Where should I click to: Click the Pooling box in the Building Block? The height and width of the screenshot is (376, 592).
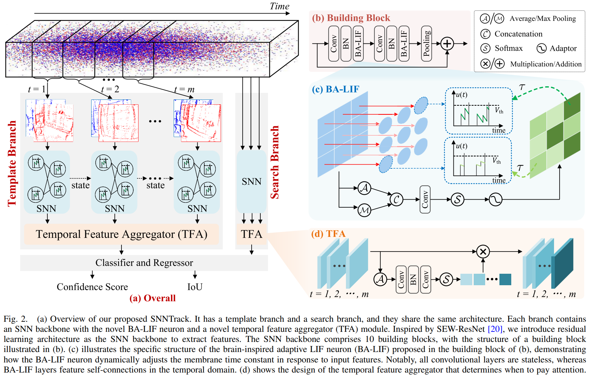click(426, 43)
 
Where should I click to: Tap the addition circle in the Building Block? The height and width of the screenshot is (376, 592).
click(447, 44)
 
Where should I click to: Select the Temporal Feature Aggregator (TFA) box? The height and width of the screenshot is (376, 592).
click(121, 234)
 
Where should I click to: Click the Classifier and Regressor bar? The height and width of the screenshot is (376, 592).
click(144, 263)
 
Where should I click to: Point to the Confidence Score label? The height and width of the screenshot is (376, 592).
click(92, 287)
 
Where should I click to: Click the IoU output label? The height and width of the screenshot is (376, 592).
click(195, 287)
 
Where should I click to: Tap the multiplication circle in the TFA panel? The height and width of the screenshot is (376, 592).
click(483, 251)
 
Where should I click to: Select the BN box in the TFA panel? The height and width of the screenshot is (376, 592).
click(413, 279)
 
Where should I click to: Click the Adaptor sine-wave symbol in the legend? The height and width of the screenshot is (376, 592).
click(541, 48)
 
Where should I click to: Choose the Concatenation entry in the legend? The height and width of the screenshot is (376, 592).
click(518, 34)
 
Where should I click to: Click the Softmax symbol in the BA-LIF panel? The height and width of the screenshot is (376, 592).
click(457, 199)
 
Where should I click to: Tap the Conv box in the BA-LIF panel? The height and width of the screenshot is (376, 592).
click(425, 199)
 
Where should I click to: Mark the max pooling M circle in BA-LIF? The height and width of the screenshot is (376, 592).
click(364, 210)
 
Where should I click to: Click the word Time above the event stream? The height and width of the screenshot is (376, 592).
click(279, 6)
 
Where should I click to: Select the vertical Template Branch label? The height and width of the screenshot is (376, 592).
click(12, 163)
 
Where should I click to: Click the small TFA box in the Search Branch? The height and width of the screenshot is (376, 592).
click(251, 234)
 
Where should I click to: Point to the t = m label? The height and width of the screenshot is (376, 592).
click(184, 89)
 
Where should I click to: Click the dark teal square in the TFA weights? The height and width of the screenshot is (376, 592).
click(505, 279)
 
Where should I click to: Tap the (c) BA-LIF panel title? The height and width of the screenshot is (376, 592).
click(336, 89)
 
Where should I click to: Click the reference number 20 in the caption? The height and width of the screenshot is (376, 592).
click(495, 329)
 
